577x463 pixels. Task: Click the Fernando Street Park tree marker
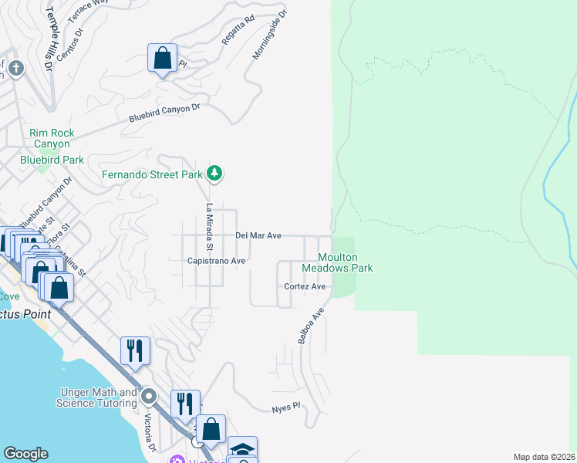point(215,174)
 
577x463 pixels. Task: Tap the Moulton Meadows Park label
point(337,262)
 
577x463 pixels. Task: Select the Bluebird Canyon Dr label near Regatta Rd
point(164,113)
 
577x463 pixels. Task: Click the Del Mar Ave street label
point(258,235)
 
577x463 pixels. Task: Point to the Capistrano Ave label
point(216,261)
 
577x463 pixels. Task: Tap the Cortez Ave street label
point(305,286)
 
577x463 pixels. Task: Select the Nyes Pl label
point(285,407)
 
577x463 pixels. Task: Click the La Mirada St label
point(208,227)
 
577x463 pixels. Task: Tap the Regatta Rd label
point(238,29)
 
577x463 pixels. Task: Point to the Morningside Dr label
point(269,35)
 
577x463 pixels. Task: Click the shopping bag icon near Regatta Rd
point(163,58)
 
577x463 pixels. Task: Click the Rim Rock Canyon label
point(52,138)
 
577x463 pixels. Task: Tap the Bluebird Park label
point(52,160)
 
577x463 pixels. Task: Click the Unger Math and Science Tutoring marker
point(149,397)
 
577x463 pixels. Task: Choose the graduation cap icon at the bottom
point(242,449)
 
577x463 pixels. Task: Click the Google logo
point(25,454)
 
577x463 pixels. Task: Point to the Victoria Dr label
point(151,434)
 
